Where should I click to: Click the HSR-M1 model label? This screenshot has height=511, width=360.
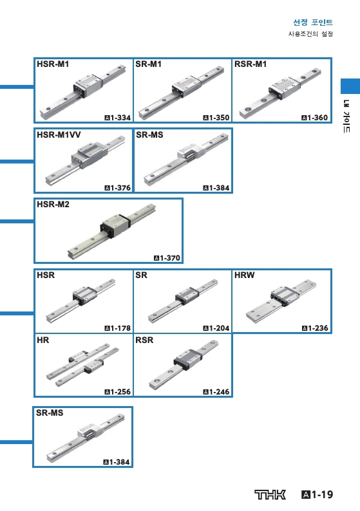pyautogui.click(x=53, y=64)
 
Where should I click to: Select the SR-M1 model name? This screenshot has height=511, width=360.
pyautogui.click(x=148, y=64)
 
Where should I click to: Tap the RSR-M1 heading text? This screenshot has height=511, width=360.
pyautogui.click(x=251, y=64)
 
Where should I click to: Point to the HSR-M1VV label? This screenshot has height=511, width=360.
pyautogui.click(x=59, y=135)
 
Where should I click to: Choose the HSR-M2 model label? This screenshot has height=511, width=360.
pyautogui.click(x=53, y=204)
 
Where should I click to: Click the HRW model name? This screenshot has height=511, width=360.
pyautogui.click(x=244, y=275)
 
